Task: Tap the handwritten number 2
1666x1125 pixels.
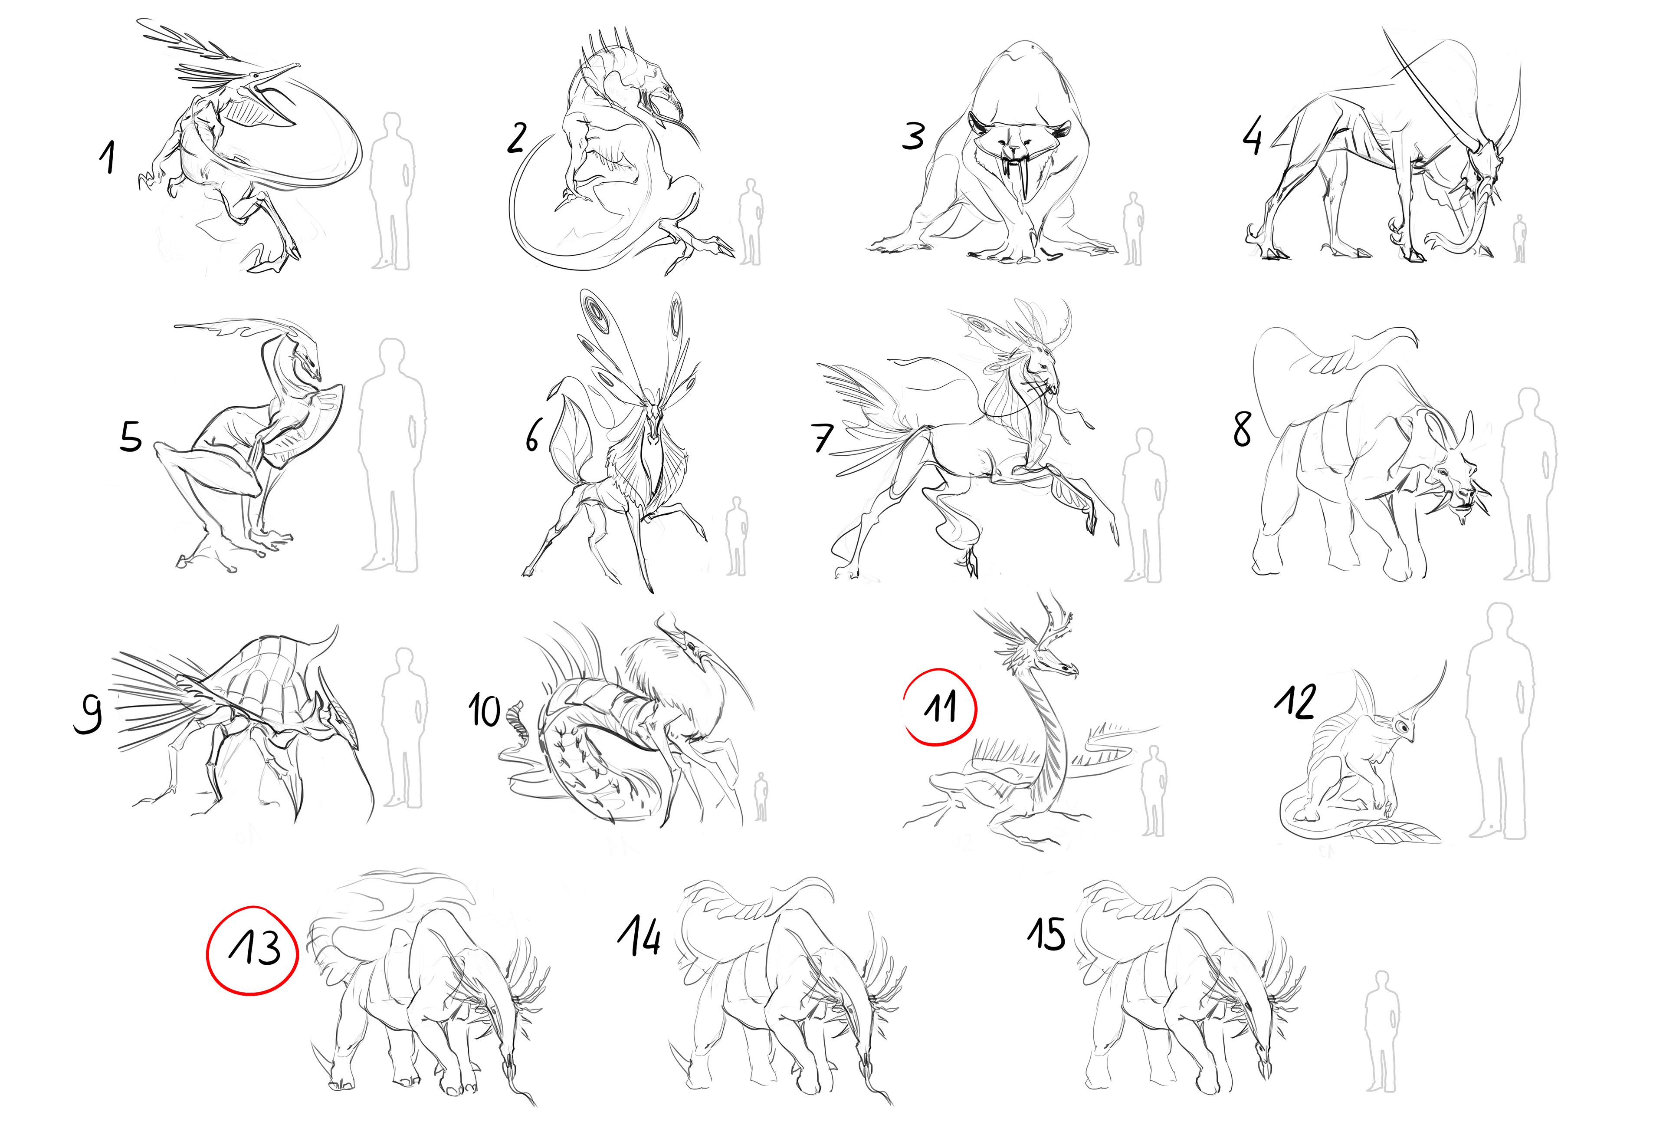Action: click(517, 138)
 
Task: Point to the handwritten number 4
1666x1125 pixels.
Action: click(1253, 137)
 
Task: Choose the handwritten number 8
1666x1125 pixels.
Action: click(1242, 429)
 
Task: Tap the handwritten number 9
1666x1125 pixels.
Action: click(88, 713)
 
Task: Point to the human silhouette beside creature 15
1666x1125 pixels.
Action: click(1381, 1032)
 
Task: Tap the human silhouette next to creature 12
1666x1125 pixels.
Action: click(1499, 720)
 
